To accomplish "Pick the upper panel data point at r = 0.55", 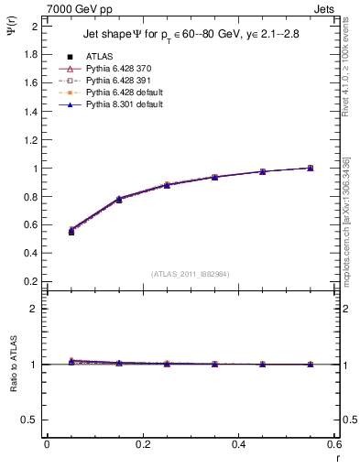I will pos(311,168).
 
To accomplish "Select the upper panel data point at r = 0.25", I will pos(167,185).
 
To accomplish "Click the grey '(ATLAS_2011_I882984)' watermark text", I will pos(191,273).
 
